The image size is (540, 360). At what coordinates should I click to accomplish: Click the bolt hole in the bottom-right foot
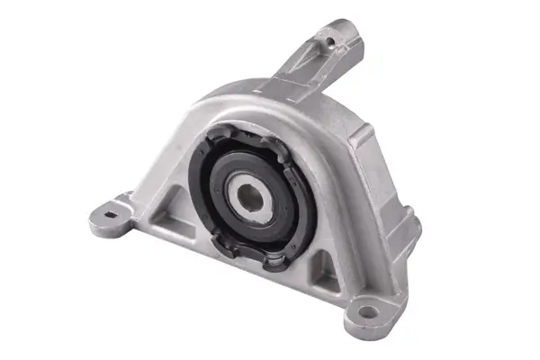click(x=367, y=312)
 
